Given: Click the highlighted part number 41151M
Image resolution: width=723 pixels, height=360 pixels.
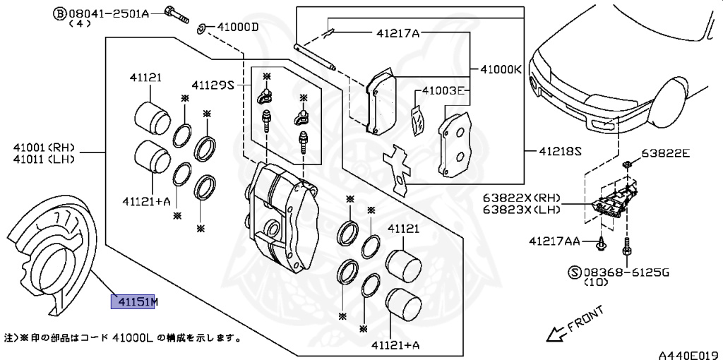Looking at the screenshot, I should pos(133,303).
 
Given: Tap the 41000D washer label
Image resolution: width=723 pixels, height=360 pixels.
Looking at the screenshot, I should pos(238,28).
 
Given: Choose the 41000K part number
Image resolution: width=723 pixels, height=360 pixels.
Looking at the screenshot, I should pos(501,70).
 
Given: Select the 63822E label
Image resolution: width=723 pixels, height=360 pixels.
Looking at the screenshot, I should pos(665,152).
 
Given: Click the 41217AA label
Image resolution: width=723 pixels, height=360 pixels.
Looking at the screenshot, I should pos(554,241).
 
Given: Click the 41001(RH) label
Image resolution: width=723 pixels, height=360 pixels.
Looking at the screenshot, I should pos(43,148).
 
